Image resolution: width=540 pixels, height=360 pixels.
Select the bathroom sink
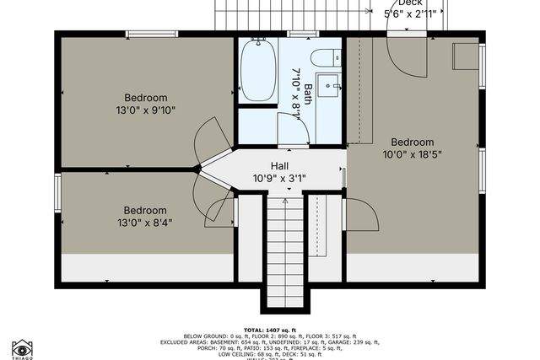[x=332, y=86]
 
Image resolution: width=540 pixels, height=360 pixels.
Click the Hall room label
[x=280, y=165]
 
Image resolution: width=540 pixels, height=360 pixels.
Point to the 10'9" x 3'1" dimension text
[x=280, y=179]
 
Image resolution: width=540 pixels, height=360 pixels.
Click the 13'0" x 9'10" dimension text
[x=146, y=110]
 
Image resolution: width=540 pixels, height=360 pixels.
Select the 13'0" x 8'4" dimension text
[x=145, y=223]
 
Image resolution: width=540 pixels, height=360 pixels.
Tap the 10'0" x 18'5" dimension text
[x=412, y=155]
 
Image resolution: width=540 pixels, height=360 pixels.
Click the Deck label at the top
[x=410, y=3]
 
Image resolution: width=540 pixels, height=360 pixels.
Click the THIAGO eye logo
[x=23, y=347]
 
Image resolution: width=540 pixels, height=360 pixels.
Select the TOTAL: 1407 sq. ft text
[x=270, y=330]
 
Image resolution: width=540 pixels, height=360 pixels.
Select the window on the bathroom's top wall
[x=296, y=34]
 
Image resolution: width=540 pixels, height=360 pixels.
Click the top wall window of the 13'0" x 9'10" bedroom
[x=151, y=34]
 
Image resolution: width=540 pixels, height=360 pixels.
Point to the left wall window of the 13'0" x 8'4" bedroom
[x=57, y=191]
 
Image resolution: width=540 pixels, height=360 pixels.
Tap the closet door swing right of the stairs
[x=361, y=214]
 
